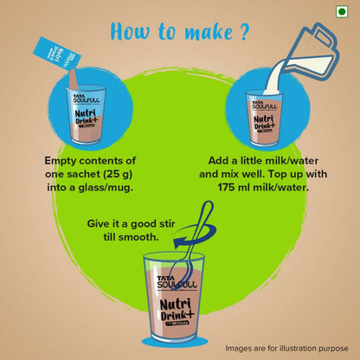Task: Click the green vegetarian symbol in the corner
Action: coord(342,11)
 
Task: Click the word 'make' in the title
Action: coord(209,31)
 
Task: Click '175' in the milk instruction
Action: coord(227,188)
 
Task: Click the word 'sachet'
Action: coord(83,174)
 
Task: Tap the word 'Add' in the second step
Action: coord(217,160)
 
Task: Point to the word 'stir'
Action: coord(166,223)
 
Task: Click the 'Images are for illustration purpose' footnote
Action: coord(286,348)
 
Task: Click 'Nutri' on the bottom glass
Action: coord(176,305)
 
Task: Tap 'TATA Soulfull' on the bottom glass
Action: coord(177,282)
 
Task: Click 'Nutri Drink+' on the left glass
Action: coord(87,117)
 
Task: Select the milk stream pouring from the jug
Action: coord(274,76)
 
